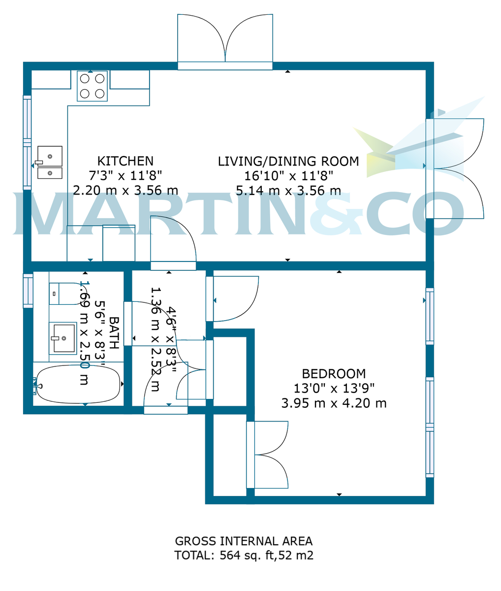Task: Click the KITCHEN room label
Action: pos(125,161)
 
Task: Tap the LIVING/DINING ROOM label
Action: pos(288,161)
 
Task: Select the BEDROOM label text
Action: pos(334,373)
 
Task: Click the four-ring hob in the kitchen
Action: pos(92,86)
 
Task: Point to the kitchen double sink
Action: pos(50,163)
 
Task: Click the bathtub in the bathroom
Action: pos(79,384)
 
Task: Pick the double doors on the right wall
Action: pos(455,168)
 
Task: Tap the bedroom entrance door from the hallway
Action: pos(234,298)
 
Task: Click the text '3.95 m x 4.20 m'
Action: pos(334,403)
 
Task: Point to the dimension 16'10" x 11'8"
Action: pos(288,175)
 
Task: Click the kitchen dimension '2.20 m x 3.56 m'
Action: pos(125,190)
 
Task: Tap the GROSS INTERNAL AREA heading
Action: pos(244,541)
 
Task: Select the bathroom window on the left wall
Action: pos(28,291)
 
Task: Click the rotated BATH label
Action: pos(114,333)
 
